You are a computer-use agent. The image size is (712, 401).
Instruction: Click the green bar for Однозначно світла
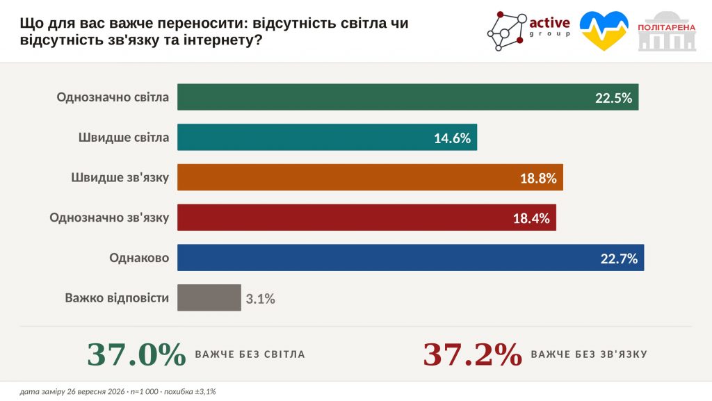(407, 97)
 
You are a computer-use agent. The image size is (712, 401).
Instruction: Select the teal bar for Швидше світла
(327, 137)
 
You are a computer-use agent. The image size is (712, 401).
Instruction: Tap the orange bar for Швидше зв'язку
(370, 177)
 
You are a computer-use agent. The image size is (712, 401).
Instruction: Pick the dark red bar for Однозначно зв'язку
(366, 218)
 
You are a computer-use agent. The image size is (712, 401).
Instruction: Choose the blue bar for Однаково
(410, 258)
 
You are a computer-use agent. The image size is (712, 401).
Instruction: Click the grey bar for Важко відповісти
(209, 297)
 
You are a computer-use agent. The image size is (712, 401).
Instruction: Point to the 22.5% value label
(613, 98)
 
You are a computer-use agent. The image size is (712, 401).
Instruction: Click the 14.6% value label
(452, 138)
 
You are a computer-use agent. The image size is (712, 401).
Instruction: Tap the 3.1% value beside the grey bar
(261, 298)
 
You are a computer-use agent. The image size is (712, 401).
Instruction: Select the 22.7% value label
(619, 259)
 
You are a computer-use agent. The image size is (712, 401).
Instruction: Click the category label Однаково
(139, 258)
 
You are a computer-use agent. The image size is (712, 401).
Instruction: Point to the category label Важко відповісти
(117, 298)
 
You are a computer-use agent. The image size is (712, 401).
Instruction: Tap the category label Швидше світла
(124, 138)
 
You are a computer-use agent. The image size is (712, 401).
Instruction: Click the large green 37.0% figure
(137, 354)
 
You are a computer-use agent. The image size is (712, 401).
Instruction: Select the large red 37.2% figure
(473, 354)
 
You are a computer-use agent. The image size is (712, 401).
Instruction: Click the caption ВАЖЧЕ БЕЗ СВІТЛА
(250, 354)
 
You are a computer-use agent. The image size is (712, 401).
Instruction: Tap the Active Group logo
(528, 31)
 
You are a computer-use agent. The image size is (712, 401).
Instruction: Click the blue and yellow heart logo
(604, 31)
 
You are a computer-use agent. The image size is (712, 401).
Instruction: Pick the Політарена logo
(667, 31)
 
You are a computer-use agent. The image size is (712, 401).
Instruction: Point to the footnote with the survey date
(118, 391)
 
